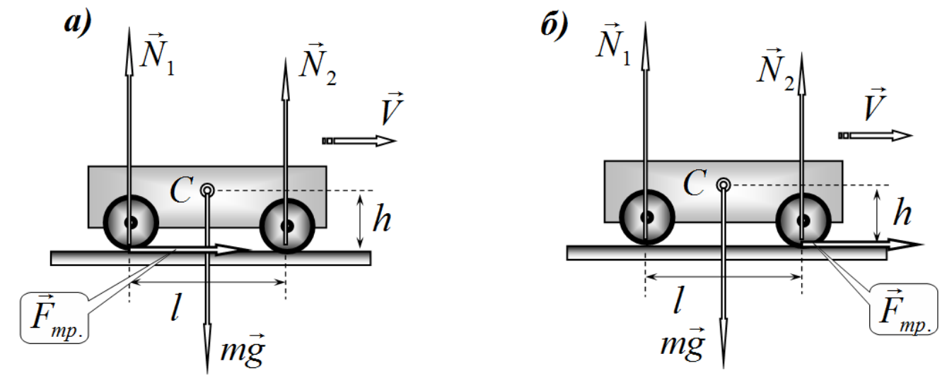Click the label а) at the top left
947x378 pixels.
78,23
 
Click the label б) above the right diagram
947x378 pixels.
554,25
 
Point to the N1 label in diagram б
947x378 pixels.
613,45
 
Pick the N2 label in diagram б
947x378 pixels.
775,70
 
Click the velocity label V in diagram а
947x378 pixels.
392,108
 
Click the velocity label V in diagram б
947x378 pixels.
873,104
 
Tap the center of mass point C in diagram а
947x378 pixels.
207,190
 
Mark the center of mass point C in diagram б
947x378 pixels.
724,185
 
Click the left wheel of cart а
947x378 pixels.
131,222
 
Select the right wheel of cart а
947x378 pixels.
287,226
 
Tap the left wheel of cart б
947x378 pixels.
647,217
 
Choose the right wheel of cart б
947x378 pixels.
803,221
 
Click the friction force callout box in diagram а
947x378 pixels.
54,317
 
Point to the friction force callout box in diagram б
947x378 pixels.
903,309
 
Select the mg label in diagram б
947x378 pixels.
682,343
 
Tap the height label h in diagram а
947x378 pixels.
382,219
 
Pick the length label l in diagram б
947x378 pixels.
679,299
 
